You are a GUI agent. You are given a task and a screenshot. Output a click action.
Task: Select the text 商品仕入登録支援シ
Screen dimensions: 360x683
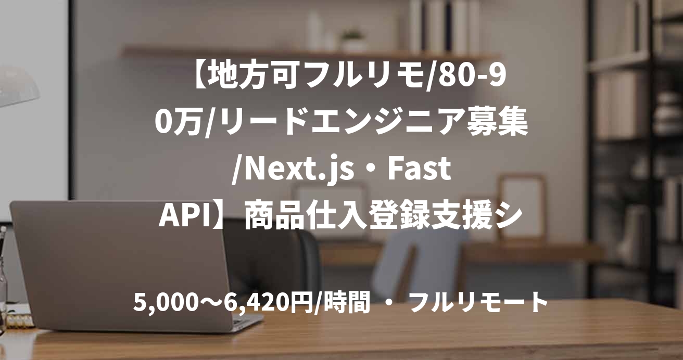[x=383, y=216]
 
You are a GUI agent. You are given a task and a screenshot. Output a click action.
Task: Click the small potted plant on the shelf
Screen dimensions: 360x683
[x=353, y=40]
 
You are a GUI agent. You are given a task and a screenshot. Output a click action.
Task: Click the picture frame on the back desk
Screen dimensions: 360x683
[x=521, y=206]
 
